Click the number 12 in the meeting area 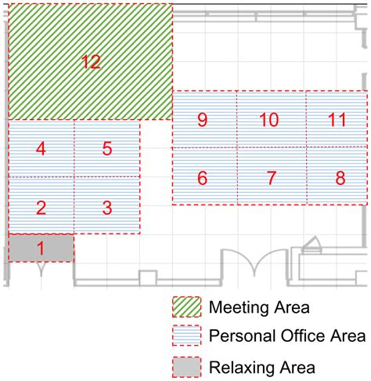pyautogui.click(x=91, y=62)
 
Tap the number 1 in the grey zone pyautogui.click(x=41, y=249)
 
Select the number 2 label pyautogui.click(x=41, y=208)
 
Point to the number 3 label pyautogui.click(x=107, y=208)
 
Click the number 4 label pyautogui.click(x=41, y=149)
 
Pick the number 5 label pyautogui.click(x=107, y=149)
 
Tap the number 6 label pyautogui.click(x=203, y=178)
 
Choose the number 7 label pyautogui.click(x=272, y=178)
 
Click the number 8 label pyautogui.click(x=340, y=178)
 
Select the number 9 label pyautogui.click(x=203, y=120)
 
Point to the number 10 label pyautogui.click(x=269, y=120)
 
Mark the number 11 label pyautogui.click(x=337, y=120)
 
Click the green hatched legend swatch pyautogui.click(x=186, y=307)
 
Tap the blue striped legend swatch pyautogui.click(x=186, y=336)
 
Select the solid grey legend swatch pyautogui.click(x=186, y=368)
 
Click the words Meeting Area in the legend pyautogui.click(x=259, y=307)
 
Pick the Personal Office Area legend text pyautogui.click(x=287, y=336)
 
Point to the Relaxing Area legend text pyautogui.click(x=262, y=368)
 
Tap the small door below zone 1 pyautogui.click(x=41, y=269)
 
